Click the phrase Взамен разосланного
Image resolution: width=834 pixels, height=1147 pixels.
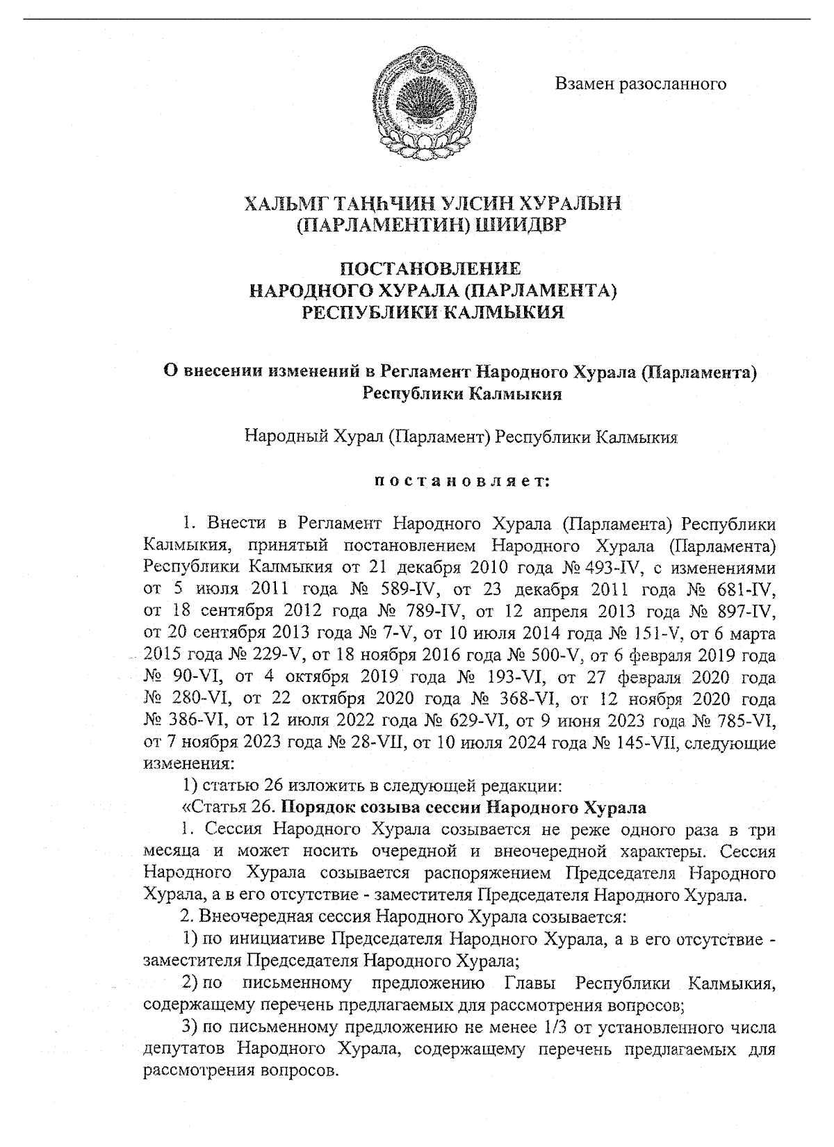pyautogui.click(x=640, y=84)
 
